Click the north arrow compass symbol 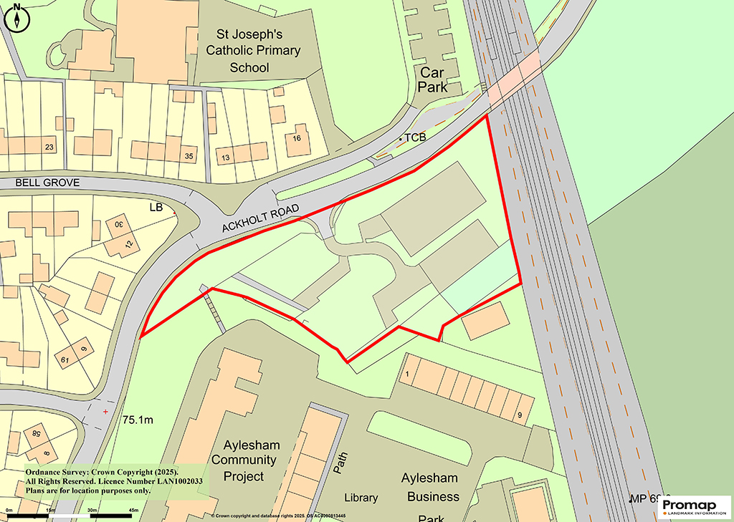coord(16,17)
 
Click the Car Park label coord(433,79)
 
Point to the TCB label coord(415,137)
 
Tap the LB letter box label coord(156,208)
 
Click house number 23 coord(49,148)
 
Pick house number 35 coord(189,156)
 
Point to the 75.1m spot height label coord(138,420)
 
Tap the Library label coord(361,498)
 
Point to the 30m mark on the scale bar coord(91,510)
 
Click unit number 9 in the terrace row coord(518,416)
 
